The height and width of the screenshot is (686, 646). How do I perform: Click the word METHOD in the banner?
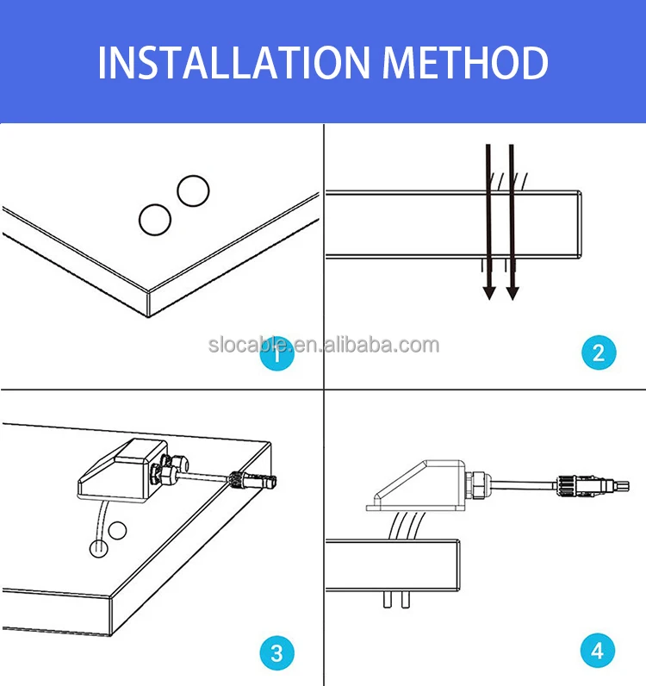click(x=465, y=63)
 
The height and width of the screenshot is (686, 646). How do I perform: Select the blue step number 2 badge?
click(x=599, y=352)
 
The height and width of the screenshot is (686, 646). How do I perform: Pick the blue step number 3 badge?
click(x=276, y=652)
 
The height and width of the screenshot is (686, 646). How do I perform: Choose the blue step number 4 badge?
click(x=599, y=652)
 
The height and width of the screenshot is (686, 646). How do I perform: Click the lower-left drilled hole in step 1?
click(x=155, y=219)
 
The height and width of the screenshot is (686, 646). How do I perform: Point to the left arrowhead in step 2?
click(x=488, y=293)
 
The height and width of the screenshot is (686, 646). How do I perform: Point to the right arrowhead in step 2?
click(x=513, y=293)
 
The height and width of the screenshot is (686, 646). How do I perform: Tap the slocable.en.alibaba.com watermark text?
click(x=323, y=346)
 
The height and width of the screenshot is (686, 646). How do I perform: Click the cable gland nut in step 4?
click(x=476, y=486)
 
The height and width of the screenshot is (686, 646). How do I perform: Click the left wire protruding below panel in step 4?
click(x=387, y=598)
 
